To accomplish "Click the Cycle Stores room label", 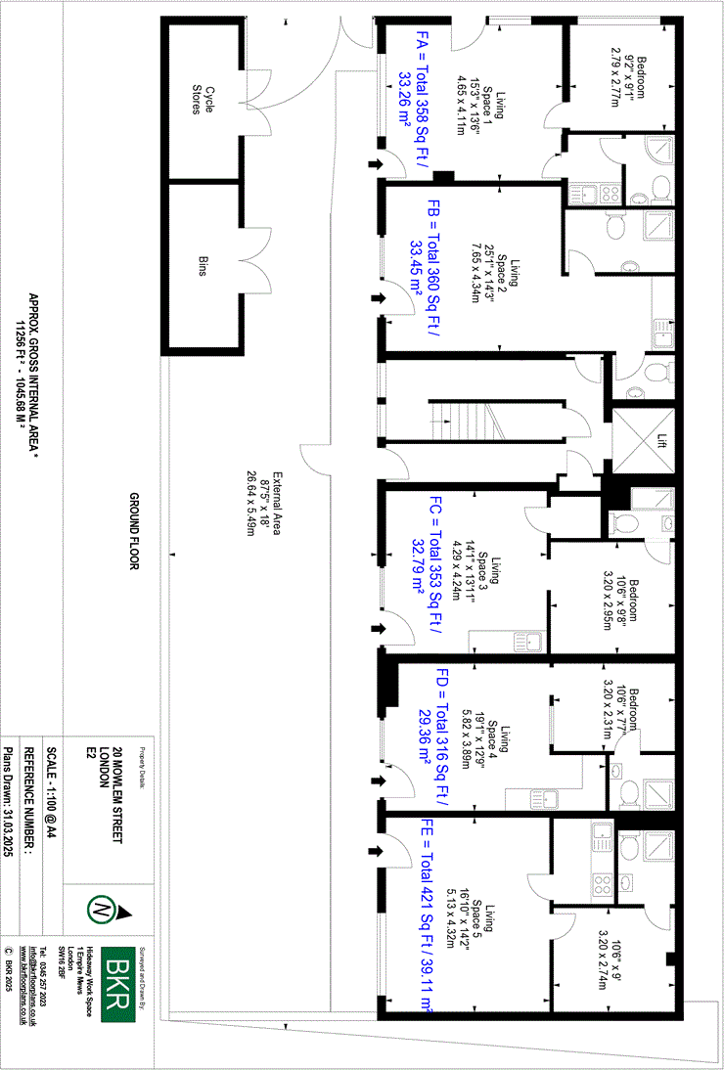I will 202,98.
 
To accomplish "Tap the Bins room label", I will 203,265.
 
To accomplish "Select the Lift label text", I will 661,442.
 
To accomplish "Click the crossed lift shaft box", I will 642,442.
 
